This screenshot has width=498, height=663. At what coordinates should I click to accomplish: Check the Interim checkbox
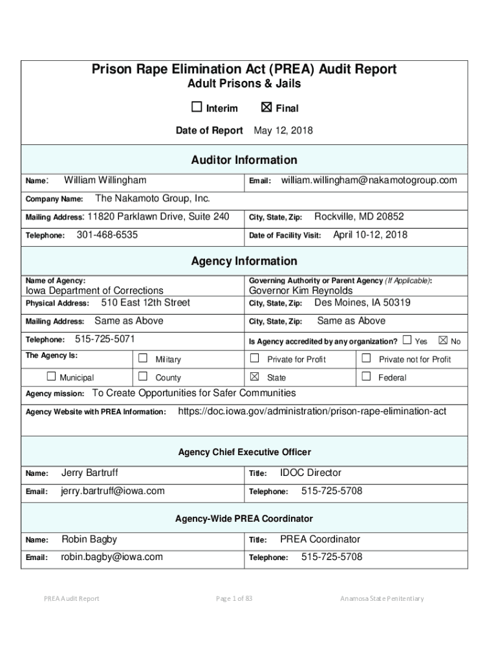[x=197, y=107]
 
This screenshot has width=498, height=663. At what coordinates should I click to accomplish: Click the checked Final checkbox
[x=266, y=107]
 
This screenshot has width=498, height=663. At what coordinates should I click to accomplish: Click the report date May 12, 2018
[x=283, y=131]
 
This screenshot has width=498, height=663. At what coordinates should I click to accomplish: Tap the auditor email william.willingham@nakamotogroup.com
[x=369, y=180]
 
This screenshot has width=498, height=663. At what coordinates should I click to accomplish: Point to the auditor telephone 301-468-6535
[x=107, y=235]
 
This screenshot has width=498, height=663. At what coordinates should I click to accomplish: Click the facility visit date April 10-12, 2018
[x=370, y=235]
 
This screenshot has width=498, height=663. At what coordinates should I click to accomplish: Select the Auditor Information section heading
[x=244, y=160]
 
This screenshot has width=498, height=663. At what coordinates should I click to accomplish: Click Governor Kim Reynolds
[x=301, y=291]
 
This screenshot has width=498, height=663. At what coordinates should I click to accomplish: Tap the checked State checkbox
[x=255, y=377]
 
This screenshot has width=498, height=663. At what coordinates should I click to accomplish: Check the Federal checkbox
[x=366, y=377]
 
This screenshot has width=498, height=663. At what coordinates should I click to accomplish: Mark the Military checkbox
[x=143, y=359]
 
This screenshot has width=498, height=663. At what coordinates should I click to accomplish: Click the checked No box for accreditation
[x=443, y=340]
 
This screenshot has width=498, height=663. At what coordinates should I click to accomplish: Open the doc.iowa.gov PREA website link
[x=312, y=411]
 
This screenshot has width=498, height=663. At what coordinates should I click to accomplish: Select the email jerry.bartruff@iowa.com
[x=113, y=491]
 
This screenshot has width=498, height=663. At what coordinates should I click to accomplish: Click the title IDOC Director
[x=310, y=473]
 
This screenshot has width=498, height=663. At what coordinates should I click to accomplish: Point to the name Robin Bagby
[x=89, y=539]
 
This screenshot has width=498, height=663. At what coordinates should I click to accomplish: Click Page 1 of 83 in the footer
[x=234, y=598]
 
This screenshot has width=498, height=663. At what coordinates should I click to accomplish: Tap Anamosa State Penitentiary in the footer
[x=382, y=598]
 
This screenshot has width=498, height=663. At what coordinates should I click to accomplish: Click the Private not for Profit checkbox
[x=366, y=359]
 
